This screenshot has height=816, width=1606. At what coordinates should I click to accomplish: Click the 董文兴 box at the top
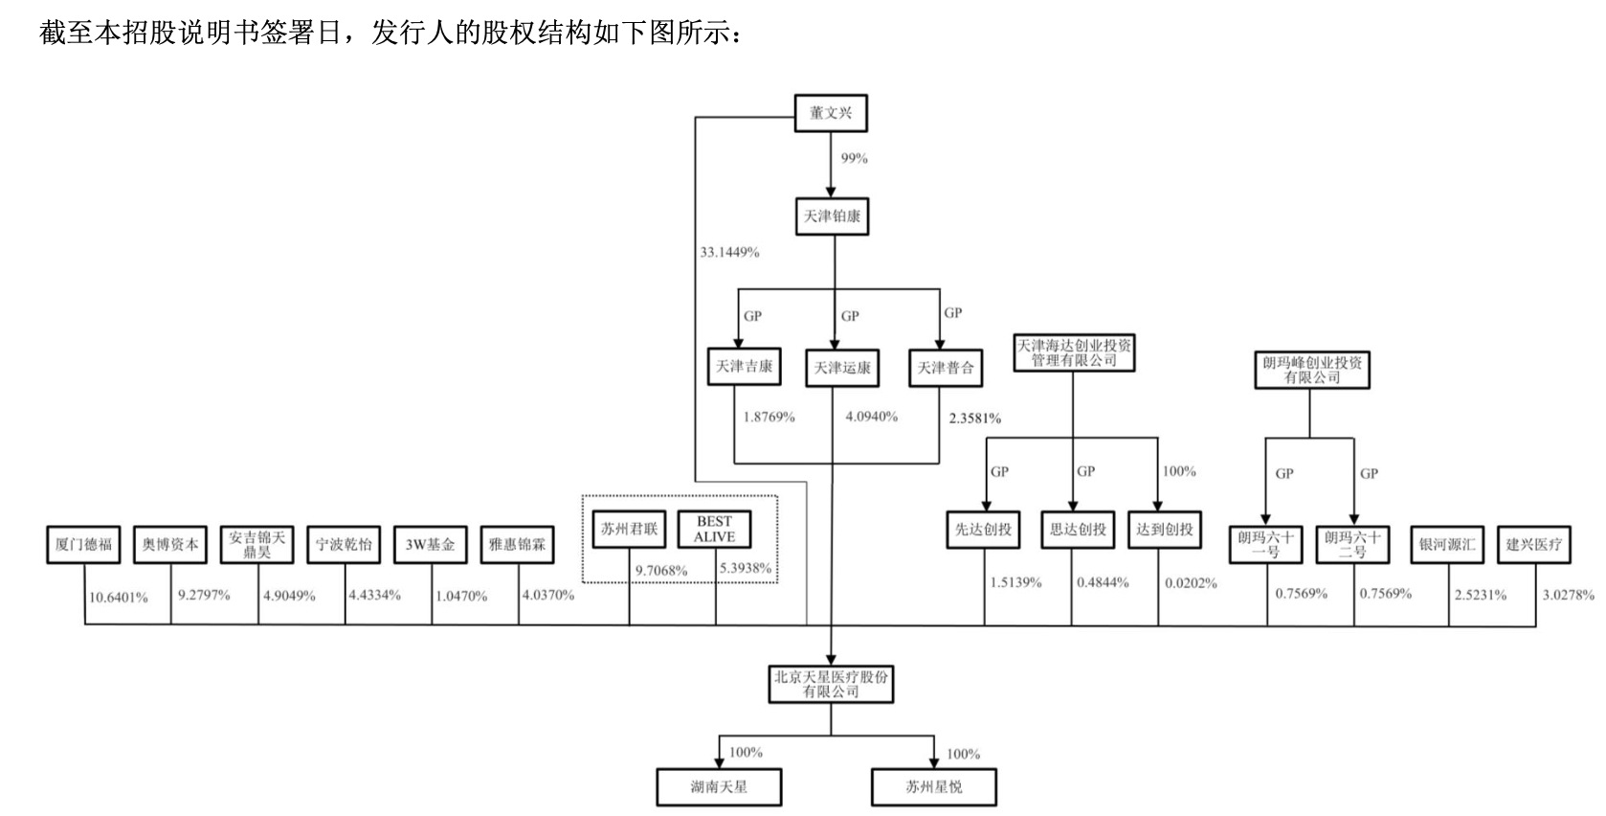(830, 113)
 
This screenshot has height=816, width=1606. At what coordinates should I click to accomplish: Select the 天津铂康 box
(832, 216)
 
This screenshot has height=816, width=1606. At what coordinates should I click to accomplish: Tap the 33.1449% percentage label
(729, 252)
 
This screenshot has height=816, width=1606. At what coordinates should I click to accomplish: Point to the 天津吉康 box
(744, 367)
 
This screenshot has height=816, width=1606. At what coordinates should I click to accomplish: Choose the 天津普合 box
(946, 368)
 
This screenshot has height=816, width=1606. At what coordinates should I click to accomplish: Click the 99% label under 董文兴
(854, 158)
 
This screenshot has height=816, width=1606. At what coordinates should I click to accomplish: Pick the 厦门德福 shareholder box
(83, 545)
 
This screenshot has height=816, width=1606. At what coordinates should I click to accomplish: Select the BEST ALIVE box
(714, 530)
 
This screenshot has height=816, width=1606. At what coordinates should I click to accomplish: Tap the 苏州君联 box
(629, 529)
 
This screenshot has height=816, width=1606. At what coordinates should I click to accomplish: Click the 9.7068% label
(661, 571)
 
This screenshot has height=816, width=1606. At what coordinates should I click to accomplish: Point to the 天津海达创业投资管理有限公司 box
(1073, 352)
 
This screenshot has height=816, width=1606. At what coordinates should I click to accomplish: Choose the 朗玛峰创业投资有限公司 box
(1312, 370)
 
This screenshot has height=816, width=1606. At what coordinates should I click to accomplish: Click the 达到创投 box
(1164, 530)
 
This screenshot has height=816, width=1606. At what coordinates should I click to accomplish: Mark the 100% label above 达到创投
(1178, 471)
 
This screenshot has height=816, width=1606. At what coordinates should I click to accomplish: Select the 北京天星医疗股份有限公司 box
(831, 684)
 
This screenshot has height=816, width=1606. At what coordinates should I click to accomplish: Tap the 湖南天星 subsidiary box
(719, 787)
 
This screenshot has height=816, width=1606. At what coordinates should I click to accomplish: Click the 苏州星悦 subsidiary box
(933, 787)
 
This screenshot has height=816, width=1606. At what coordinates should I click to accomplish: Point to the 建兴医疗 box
(1533, 545)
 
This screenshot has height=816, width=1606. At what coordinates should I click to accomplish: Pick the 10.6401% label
(119, 598)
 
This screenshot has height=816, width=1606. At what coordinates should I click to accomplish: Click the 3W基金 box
(430, 545)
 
